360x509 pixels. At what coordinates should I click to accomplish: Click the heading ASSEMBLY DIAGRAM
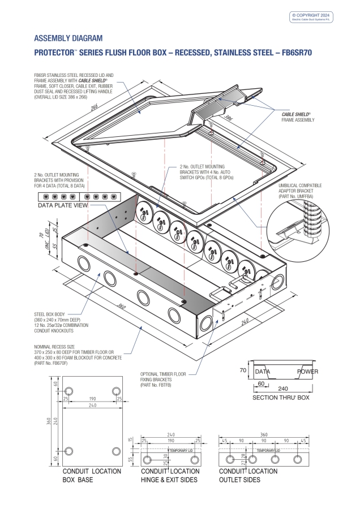pos(68,38)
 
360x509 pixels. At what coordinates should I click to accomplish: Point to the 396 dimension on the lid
pos(229,119)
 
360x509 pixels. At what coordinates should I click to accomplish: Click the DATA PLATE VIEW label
pos(63,206)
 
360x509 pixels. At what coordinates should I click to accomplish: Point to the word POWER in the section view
pos(308,372)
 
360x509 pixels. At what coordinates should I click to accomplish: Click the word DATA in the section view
pos(262,372)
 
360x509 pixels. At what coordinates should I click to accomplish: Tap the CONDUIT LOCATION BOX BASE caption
pos(92,476)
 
